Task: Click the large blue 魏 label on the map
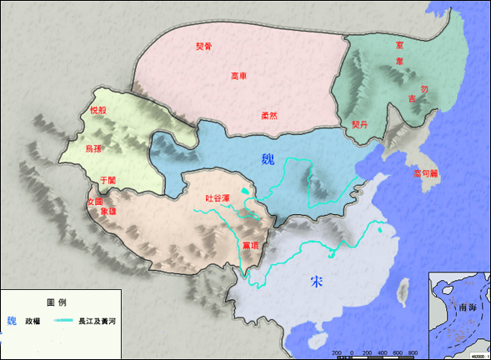coord(267,160)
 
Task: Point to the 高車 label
coord(239,77)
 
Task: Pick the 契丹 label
coord(359,123)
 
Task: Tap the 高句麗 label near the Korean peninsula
coord(428,173)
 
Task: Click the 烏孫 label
coord(95,148)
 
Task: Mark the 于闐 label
coord(108,179)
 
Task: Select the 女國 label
coord(95,201)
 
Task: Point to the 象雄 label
coord(108,212)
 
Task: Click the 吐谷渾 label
coord(218,198)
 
